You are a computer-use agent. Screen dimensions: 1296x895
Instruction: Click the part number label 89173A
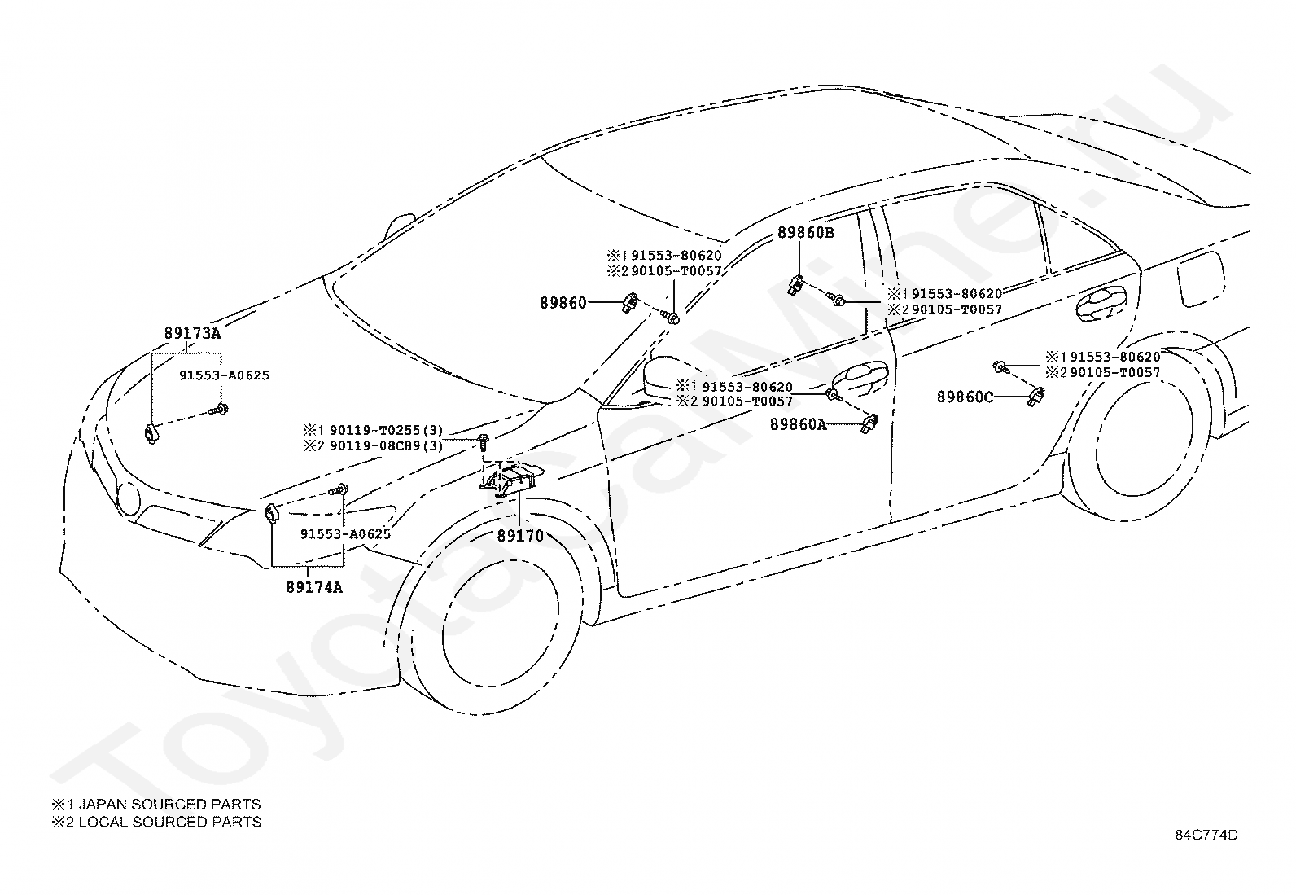click(193, 333)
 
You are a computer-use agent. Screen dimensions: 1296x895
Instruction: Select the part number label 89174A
click(314, 588)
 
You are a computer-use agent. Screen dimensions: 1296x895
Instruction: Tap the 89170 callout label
click(521, 536)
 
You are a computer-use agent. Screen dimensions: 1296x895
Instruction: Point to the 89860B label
click(806, 233)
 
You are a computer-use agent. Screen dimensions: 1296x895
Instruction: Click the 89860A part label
click(799, 425)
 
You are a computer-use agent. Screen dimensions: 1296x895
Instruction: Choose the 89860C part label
click(965, 397)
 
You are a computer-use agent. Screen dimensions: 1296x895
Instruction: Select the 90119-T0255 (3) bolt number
click(386, 431)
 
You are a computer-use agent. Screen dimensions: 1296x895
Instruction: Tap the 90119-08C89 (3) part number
click(386, 445)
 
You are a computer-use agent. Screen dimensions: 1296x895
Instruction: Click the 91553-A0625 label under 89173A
click(225, 375)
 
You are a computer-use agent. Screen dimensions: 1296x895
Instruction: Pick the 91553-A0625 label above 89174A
click(345, 534)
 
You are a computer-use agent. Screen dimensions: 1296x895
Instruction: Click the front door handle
click(860, 374)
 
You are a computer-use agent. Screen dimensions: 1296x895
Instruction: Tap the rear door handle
click(1101, 302)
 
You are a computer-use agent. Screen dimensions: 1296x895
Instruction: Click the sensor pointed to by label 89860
click(630, 303)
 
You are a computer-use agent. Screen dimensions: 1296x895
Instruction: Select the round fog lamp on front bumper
click(129, 499)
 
